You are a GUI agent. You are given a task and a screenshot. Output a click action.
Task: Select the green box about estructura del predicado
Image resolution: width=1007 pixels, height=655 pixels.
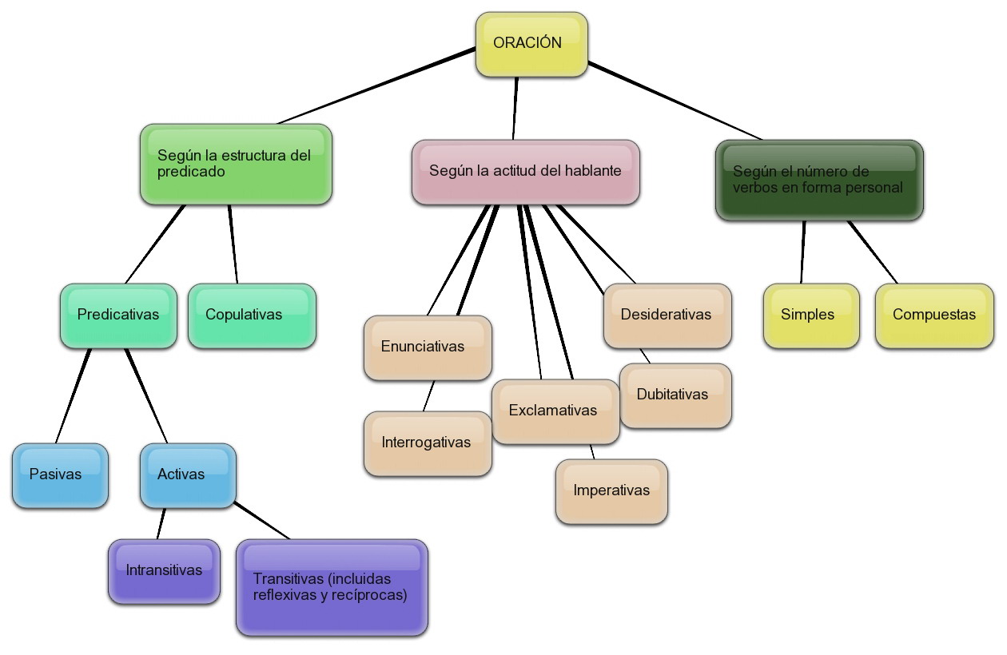tap(236, 164)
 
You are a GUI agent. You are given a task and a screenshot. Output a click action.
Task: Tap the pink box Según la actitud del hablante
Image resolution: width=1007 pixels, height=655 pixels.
tap(525, 172)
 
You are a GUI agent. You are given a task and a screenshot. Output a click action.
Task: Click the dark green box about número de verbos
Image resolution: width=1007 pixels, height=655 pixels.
tap(819, 181)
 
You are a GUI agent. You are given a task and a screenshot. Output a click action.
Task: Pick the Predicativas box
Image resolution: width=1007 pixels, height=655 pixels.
tap(118, 316)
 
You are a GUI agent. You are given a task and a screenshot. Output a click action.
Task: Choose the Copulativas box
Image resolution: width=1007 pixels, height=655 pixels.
tap(252, 316)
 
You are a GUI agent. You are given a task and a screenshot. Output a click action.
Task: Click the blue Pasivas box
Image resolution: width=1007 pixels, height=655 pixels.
tap(60, 475)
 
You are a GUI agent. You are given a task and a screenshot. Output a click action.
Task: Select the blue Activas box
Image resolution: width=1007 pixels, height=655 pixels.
tap(188, 475)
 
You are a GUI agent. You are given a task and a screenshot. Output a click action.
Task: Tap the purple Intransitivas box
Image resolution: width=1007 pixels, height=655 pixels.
tap(164, 571)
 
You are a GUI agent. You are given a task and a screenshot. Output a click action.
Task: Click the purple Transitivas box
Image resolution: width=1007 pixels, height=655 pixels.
tap(332, 588)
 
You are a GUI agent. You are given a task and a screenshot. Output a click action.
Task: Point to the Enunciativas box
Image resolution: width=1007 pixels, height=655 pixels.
tap(428, 347)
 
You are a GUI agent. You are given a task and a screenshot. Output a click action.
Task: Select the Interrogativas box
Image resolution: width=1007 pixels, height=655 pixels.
tap(428, 443)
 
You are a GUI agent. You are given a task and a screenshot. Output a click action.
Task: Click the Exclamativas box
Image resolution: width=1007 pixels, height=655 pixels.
tap(555, 411)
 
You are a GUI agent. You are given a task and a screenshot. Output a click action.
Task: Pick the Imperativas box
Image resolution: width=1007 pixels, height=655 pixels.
tap(611, 491)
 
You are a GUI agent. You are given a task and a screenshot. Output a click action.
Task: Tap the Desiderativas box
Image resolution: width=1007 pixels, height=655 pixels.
tap(667, 316)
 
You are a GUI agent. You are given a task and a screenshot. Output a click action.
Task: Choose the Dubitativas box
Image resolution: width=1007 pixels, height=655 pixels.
tap(675, 395)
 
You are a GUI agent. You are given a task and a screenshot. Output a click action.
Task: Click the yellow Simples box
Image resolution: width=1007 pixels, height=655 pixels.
tap(811, 316)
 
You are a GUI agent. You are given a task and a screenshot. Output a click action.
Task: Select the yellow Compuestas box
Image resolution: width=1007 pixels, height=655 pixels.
tap(934, 316)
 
